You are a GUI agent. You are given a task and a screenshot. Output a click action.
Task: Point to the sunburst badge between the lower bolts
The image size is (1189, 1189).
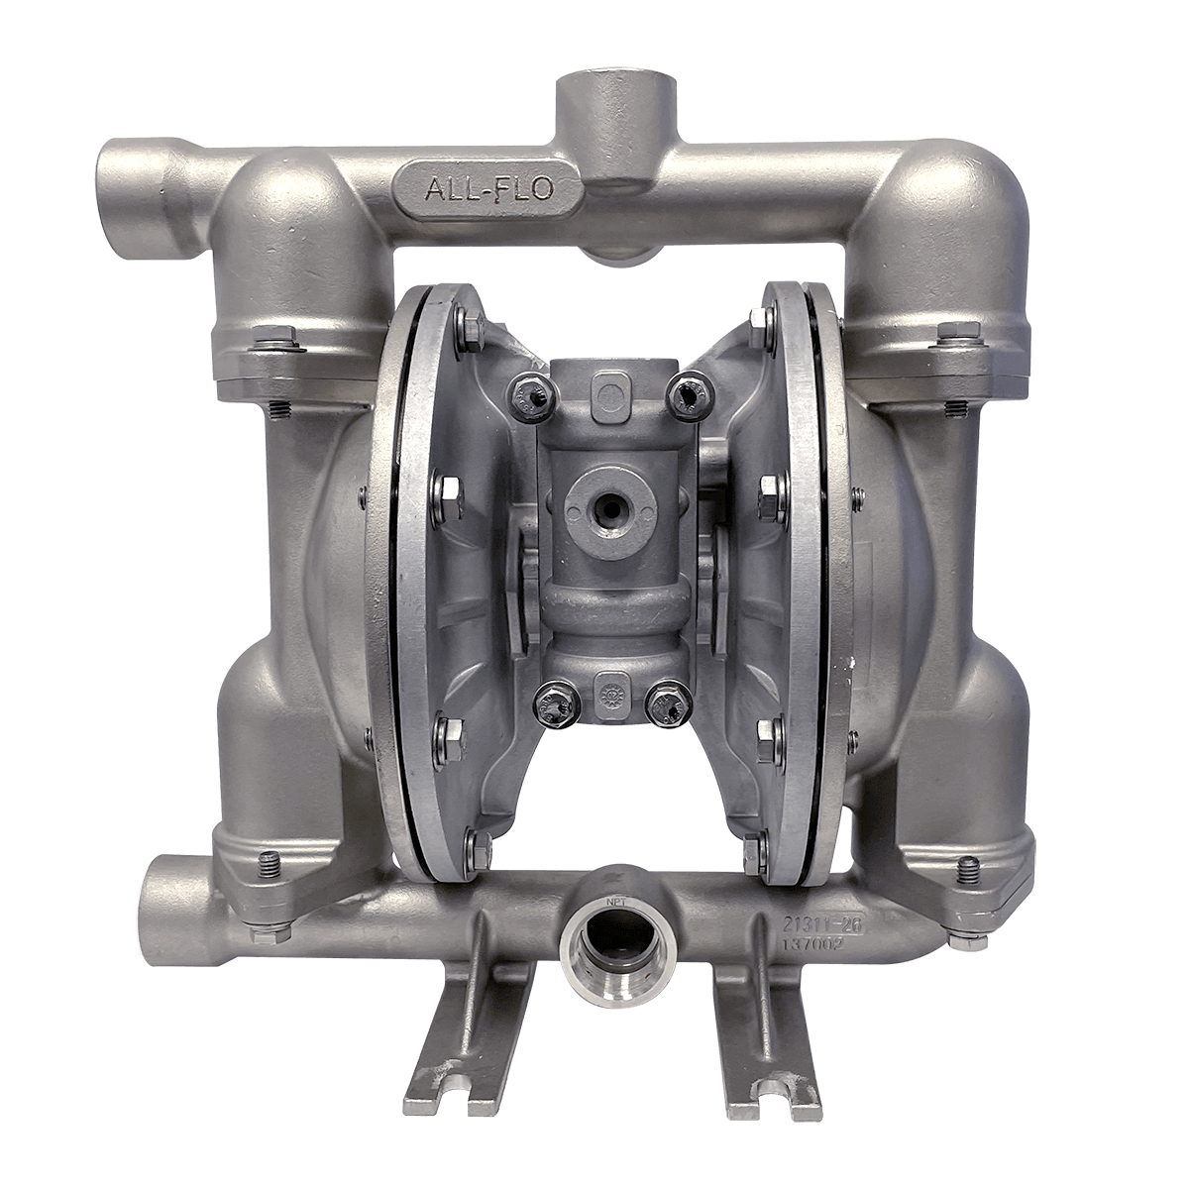(603, 688)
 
